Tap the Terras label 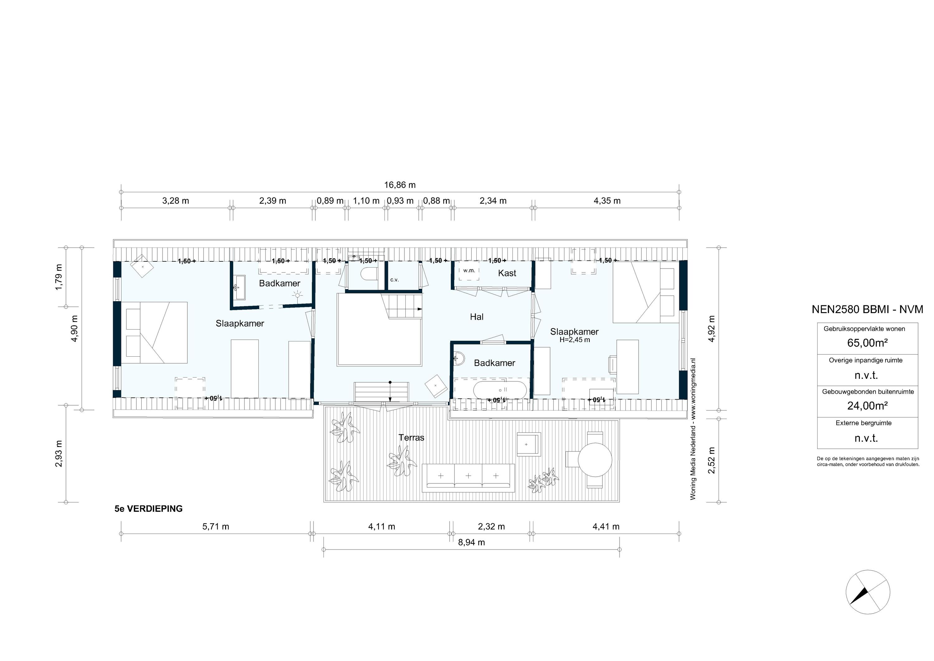411,438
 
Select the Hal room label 476,317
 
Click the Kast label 507,273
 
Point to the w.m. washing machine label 469,271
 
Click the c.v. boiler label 394,280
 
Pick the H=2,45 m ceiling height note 574,340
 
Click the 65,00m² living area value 867,343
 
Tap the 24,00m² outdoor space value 867,405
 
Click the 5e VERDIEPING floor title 149,509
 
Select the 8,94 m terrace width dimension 471,542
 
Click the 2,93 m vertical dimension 59,454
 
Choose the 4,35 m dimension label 607,201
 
